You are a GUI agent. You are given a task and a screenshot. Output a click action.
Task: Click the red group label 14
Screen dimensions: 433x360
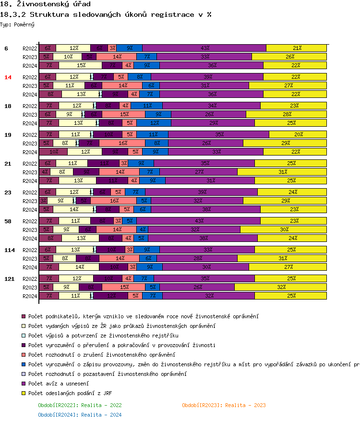tap(8, 77)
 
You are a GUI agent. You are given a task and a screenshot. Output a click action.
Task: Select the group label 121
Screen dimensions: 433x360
tap(9, 279)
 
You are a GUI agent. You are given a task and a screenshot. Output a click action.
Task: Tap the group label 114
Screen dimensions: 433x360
tap(9, 250)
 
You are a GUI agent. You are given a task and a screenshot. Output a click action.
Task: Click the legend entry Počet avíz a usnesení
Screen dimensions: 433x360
tap(58, 384)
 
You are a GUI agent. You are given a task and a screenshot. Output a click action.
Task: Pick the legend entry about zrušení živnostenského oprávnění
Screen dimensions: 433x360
tap(101, 355)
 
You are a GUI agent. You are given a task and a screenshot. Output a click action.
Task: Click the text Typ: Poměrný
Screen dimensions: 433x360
tap(17, 24)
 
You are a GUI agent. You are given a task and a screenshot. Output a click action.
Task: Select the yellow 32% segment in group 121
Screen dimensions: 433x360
tap(280, 287)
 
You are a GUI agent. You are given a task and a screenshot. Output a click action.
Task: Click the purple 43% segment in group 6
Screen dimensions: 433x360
tap(205, 48)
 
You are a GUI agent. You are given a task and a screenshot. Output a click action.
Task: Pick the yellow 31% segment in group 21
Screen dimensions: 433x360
tap(282, 172)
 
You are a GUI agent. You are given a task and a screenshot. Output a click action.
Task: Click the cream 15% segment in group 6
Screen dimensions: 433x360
tap(81, 65)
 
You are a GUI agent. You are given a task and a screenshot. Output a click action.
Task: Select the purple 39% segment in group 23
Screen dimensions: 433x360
tap(201, 192)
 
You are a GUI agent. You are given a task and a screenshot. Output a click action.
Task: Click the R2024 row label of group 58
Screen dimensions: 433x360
tap(30, 239)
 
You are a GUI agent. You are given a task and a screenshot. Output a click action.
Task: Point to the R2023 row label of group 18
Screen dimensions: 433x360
tap(30, 115)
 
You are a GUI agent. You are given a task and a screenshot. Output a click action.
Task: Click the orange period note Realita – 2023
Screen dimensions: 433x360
tap(224, 405)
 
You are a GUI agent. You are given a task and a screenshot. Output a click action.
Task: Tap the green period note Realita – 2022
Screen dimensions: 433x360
tap(80, 405)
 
